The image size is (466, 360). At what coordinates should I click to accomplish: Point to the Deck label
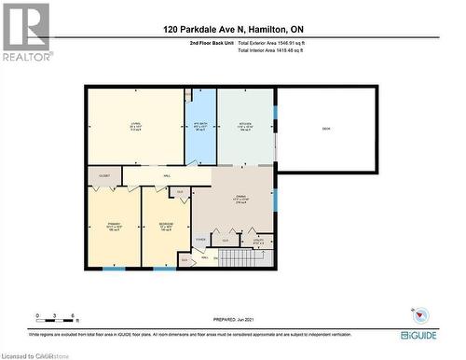[326, 128]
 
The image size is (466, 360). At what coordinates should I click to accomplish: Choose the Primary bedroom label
[114, 227]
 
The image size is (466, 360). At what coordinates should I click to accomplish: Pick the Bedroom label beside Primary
[165, 227]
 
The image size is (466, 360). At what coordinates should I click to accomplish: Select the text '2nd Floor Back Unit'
[209, 44]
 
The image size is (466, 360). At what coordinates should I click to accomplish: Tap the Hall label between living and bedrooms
[167, 175]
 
